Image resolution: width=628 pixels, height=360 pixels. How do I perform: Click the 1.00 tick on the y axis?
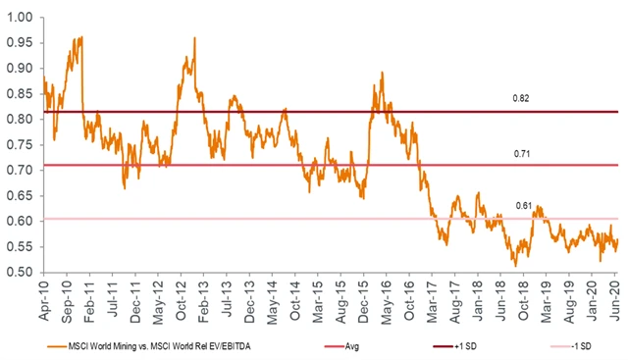21,18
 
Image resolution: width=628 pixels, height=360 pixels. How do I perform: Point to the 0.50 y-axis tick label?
21,272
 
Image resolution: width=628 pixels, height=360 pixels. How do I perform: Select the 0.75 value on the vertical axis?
21,144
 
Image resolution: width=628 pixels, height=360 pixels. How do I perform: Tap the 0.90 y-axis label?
21,69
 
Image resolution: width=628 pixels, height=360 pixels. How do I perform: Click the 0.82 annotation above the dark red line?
521,100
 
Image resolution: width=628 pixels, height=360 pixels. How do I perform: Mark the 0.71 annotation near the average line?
521,154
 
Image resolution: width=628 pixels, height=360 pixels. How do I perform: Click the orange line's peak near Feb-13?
194,38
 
